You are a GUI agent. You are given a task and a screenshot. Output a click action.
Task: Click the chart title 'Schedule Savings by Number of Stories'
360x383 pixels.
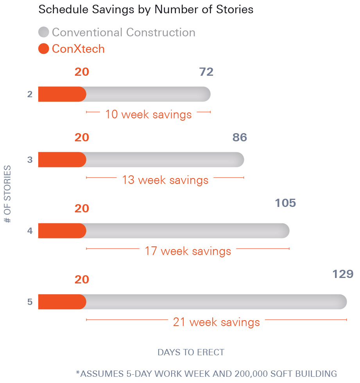click(146, 10)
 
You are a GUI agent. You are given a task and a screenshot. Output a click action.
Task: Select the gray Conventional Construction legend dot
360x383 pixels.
click(44, 32)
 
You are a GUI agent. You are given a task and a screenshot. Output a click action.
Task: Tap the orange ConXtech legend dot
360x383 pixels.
click(44, 49)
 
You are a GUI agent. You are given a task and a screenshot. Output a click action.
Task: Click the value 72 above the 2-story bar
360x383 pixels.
click(206, 72)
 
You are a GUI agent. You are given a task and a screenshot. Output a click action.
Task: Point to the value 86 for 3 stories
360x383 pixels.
click(240, 137)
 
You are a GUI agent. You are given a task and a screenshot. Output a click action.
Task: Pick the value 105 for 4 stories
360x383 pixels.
click(285, 203)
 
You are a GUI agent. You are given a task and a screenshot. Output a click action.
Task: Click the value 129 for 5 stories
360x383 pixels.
click(342, 274)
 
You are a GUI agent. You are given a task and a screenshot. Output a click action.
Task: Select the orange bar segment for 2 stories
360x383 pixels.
click(62, 94)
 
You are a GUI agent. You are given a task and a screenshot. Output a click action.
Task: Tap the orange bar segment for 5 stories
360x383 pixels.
click(62, 302)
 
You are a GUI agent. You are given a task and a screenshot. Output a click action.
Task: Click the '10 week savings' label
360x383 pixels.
click(148, 114)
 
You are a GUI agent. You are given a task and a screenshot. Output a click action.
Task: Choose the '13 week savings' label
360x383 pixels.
click(165, 180)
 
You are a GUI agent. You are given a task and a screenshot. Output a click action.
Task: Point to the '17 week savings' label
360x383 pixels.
click(188, 251)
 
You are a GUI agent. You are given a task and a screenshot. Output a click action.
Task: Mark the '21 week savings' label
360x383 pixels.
click(216, 322)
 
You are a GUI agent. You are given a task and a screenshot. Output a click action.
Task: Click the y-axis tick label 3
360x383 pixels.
click(30, 160)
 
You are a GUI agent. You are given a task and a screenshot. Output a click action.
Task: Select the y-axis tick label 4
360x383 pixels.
click(30, 231)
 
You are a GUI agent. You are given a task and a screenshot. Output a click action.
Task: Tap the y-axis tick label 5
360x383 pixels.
click(30, 302)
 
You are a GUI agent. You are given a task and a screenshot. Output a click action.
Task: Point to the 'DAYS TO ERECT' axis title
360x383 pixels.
click(191, 353)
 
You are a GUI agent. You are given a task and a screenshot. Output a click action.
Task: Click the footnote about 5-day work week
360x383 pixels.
click(206, 374)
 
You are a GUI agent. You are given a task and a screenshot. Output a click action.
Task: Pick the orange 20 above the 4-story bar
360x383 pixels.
click(82, 208)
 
